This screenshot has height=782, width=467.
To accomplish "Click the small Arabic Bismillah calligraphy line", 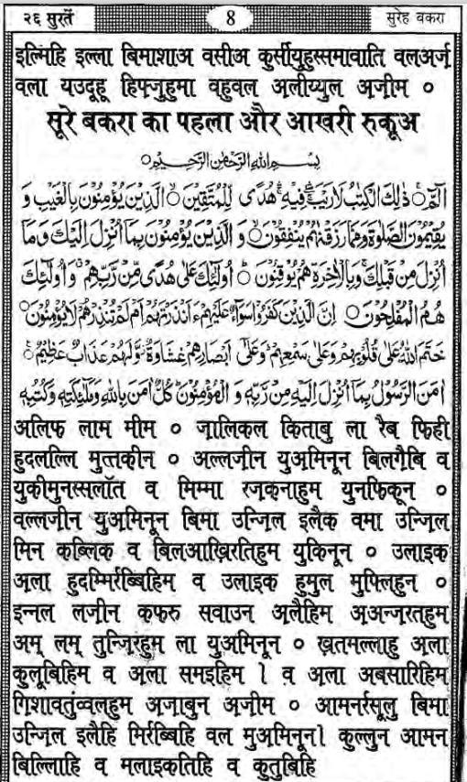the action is tap(236, 157).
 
